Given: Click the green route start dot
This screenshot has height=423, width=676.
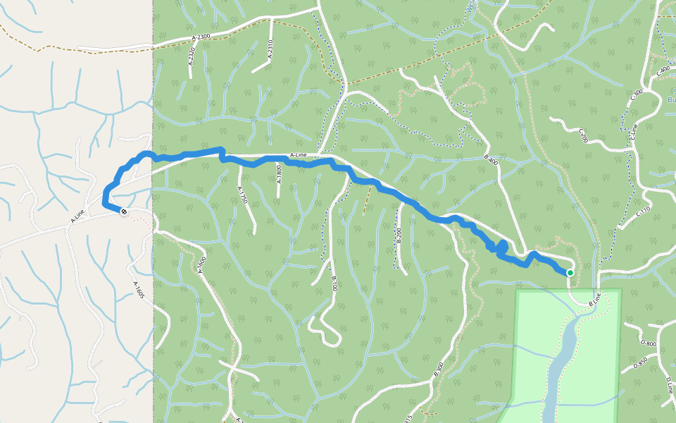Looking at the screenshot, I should (x=570, y=273).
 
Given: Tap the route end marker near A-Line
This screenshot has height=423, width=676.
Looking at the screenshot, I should (x=124, y=211).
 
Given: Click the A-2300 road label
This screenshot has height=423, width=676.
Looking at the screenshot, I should (x=201, y=36).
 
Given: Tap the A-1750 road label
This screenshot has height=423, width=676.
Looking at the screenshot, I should (x=242, y=195).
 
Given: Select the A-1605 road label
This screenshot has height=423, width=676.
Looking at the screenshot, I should (x=139, y=290).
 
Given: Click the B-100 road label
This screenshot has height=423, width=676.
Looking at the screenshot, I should (x=334, y=284).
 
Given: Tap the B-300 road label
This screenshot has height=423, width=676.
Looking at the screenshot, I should (x=438, y=369).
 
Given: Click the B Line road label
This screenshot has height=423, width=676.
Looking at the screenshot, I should (x=596, y=300).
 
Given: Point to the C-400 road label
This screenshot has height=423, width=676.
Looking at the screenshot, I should (x=662, y=71).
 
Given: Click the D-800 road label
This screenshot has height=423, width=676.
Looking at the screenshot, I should (x=649, y=345).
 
